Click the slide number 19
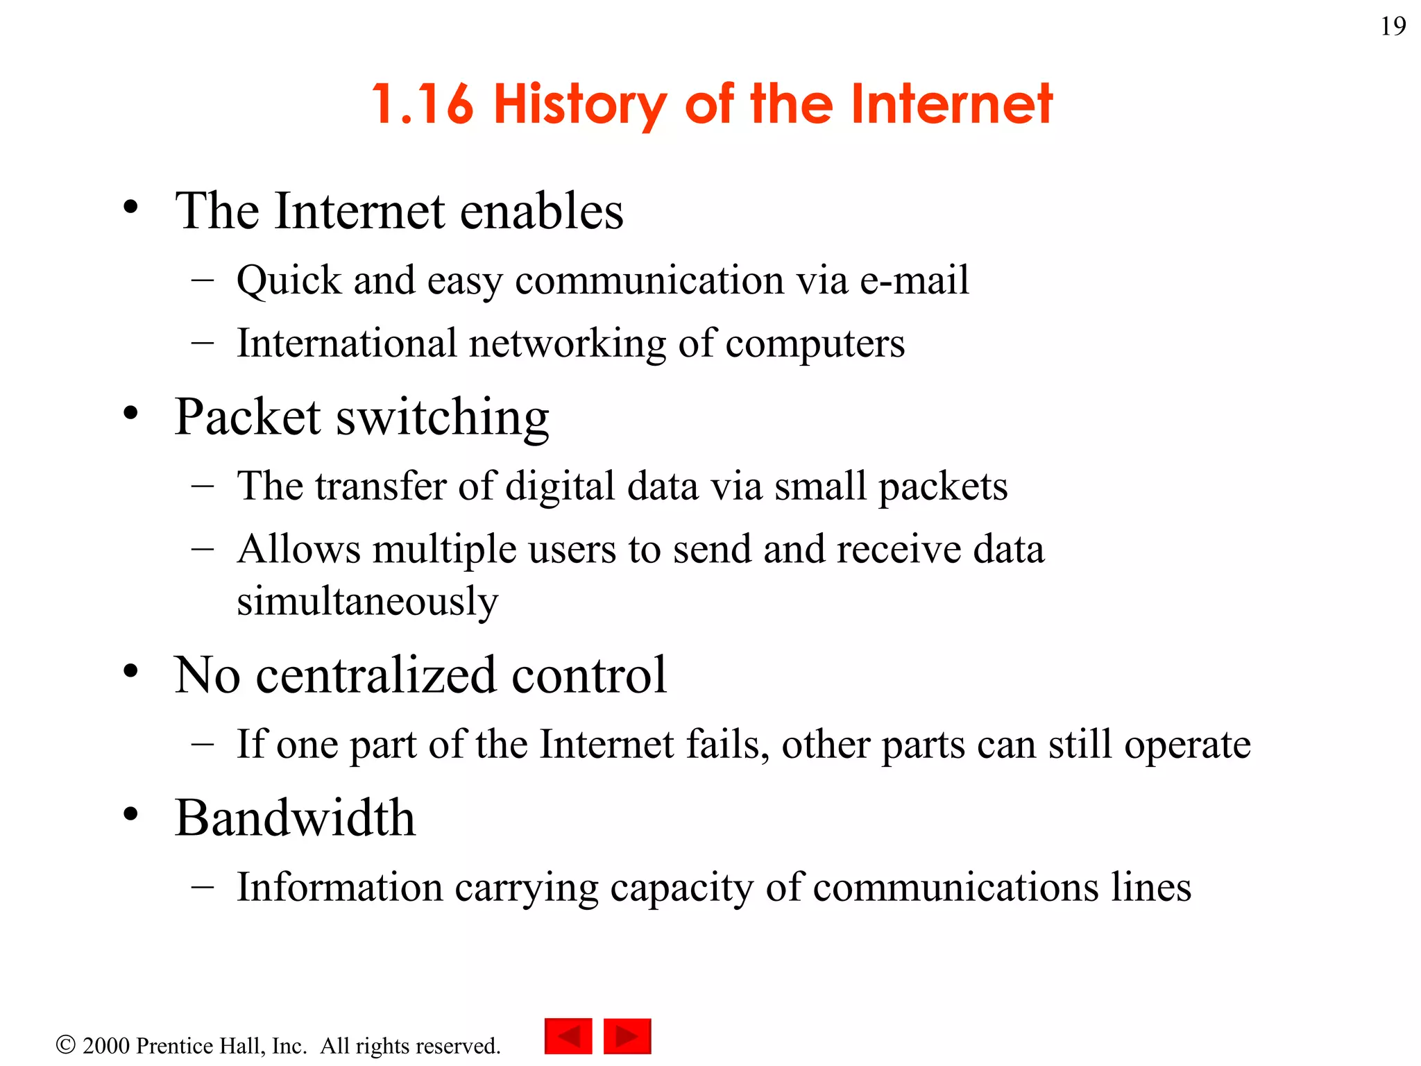1393,26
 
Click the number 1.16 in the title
423,104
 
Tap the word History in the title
580,104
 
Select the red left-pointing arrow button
568,1036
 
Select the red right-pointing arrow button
627,1036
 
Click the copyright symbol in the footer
65,1044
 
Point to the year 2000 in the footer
106,1045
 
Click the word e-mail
914,280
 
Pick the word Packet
248,417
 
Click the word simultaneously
367,601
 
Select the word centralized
376,675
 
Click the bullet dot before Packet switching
130,414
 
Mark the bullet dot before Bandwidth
130,815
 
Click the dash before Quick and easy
203,280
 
